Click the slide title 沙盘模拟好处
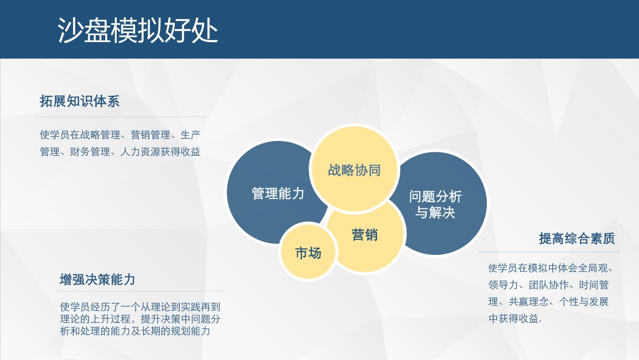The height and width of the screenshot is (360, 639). pyautogui.click(x=138, y=30)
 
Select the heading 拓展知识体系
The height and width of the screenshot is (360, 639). pyautogui.click(x=80, y=101)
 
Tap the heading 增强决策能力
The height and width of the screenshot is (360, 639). pyautogui.click(x=97, y=279)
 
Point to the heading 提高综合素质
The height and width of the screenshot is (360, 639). pyautogui.click(x=577, y=238)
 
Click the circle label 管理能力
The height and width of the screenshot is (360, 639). pyautogui.click(x=278, y=193)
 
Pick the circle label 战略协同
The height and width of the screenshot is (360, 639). pyautogui.click(x=354, y=170)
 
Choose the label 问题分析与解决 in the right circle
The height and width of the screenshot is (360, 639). pyautogui.click(x=435, y=204)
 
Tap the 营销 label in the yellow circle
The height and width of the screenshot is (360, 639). pyautogui.click(x=365, y=235)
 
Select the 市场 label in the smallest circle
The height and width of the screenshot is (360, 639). pyautogui.click(x=308, y=253)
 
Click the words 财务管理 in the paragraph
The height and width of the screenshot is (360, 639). pyautogui.click(x=90, y=152)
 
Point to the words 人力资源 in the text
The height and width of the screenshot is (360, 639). pyautogui.click(x=140, y=152)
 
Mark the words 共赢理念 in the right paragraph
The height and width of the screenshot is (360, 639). pyautogui.click(x=529, y=302)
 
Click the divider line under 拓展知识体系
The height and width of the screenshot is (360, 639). pyautogui.click(x=120, y=117)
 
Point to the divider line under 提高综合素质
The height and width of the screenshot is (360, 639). pyautogui.click(x=549, y=252)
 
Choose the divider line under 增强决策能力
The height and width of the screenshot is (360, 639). pyautogui.click(x=140, y=291)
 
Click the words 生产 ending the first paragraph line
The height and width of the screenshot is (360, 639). pyautogui.click(x=190, y=135)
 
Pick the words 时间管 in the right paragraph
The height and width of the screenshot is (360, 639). pyautogui.click(x=594, y=285)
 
